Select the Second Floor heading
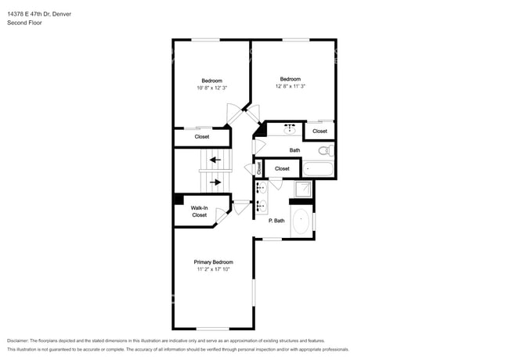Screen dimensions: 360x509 (24, 23)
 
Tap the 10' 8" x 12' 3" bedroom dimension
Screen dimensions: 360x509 (211, 88)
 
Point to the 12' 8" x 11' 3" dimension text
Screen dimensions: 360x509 (291, 85)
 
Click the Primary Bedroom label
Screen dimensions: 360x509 (213, 262)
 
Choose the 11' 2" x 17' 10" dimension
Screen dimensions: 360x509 (213, 270)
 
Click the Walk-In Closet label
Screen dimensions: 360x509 (200, 211)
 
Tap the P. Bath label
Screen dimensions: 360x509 (276, 221)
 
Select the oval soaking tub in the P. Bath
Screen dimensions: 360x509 (301, 221)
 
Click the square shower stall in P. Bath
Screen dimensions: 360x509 (302, 189)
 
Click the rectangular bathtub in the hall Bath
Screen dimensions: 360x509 (318, 167)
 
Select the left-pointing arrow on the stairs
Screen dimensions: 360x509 (215, 160)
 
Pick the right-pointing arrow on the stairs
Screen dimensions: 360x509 (215, 182)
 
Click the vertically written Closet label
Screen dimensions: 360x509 (259, 167)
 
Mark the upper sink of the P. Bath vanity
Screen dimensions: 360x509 (262, 188)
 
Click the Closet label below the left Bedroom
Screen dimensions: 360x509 (202, 137)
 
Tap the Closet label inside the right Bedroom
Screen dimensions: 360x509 (319, 131)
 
